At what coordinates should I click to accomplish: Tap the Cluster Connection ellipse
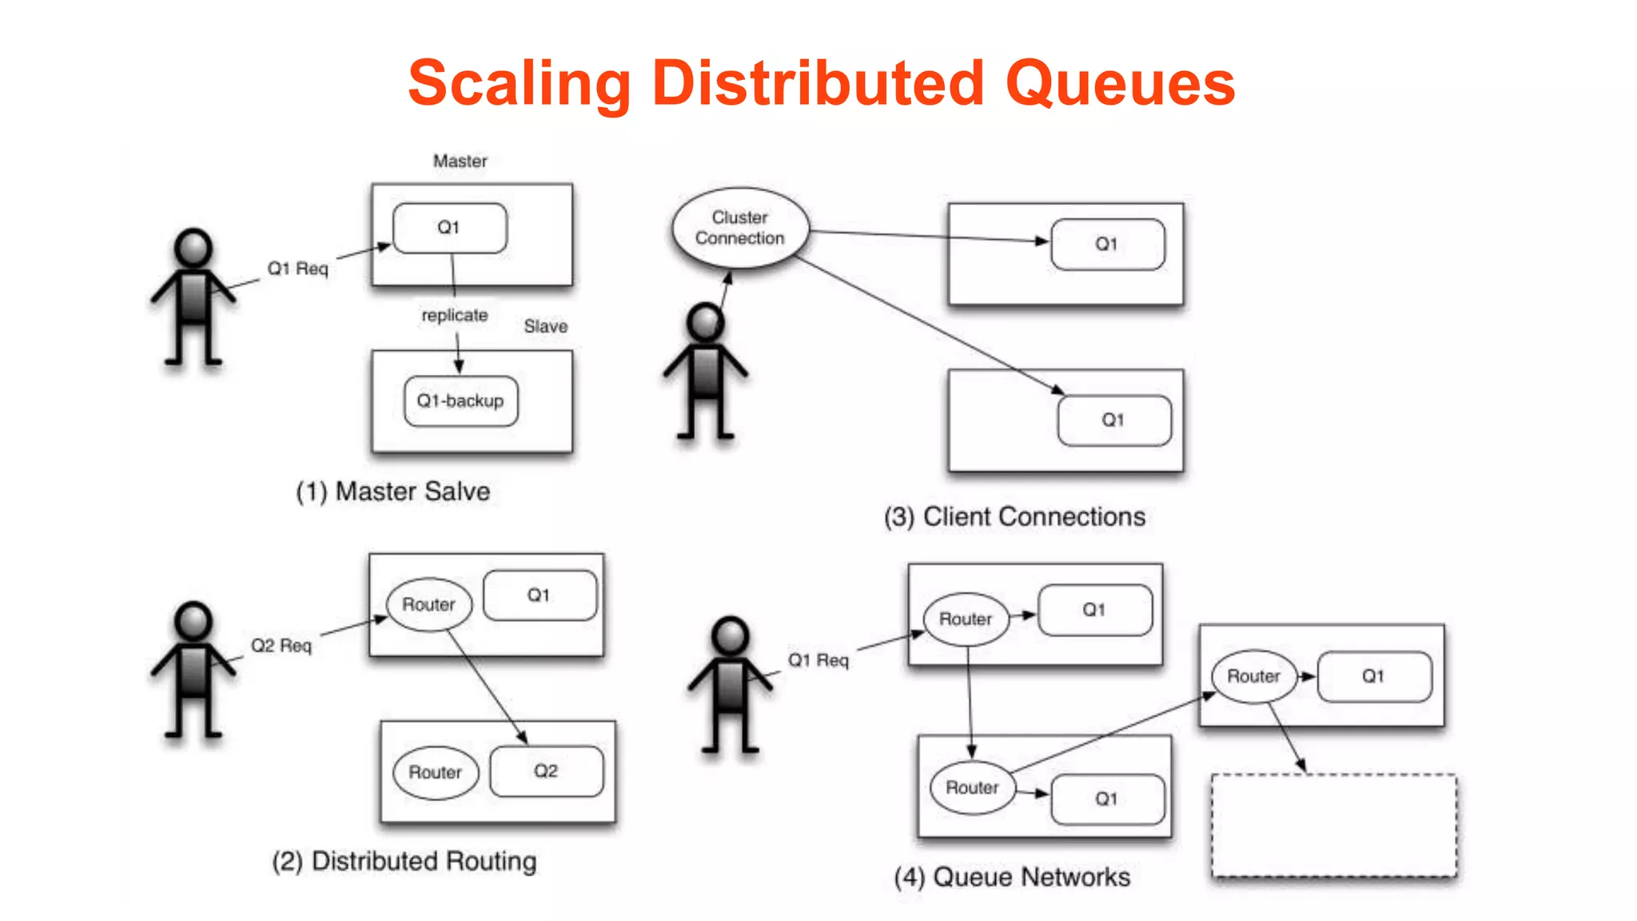(x=740, y=228)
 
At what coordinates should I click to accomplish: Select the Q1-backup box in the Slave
(x=460, y=401)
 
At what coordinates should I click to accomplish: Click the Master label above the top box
(x=460, y=161)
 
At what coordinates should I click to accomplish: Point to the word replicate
(x=454, y=315)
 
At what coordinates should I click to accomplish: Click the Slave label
(x=545, y=326)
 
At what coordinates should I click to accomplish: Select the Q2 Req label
(x=281, y=645)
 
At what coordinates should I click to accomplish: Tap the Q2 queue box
(x=546, y=771)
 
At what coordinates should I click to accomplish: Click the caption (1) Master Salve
(x=392, y=491)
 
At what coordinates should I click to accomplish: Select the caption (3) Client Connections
(x=1014, y=516)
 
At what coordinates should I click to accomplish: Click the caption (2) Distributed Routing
(x=404, y=861)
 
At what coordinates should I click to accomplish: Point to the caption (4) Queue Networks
(x=1012, y=877)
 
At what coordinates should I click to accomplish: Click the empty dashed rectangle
(x=1333, y=825)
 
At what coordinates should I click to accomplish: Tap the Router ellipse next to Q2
(x=435, y=772)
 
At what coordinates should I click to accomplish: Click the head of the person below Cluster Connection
(x=706, y=322)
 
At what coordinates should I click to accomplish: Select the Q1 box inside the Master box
(x=449, y=228)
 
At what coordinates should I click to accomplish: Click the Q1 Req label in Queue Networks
(x=818, y=660)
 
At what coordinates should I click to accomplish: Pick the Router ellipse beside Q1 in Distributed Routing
(x=429, y=604)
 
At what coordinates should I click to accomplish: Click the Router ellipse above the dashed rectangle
(x=1253, y=676)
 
